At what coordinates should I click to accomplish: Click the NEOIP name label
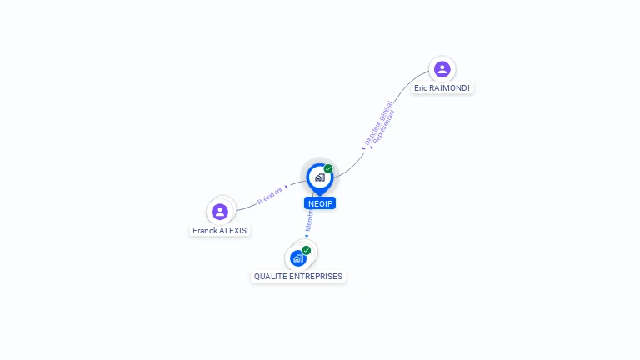click(x=320, y=203)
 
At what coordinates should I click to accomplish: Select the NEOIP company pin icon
click(x=320, y=177)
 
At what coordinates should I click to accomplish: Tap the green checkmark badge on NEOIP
click(x=328, y=168)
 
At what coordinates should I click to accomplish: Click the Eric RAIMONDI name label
click(x=442, y=87)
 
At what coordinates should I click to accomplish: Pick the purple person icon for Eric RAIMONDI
click(x=442, y=69)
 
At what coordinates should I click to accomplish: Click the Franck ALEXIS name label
click(x=220, y=230)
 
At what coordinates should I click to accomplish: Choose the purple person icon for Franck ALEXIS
click(x=220, y=212)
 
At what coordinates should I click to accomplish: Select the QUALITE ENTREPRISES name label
click(x=298, y=276)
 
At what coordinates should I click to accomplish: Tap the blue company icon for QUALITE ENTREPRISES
click(x=297, y=258)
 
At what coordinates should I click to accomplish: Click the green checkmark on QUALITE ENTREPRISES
click(x=306, y=250)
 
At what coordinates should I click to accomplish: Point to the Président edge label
click(x=269, y=195)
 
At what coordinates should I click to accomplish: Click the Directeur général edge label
click(x=377, y=122)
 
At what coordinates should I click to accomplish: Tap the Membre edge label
click(x=308, y=222)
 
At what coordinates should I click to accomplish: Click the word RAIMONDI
click(x=452, y=87)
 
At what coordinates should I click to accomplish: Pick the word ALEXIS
click(x=233, y=230)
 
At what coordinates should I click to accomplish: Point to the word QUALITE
click(x=268, y=276)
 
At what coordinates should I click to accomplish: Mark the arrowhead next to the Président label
click(x=286, y=187)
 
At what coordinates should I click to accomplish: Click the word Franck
click(x=204, y=230)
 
